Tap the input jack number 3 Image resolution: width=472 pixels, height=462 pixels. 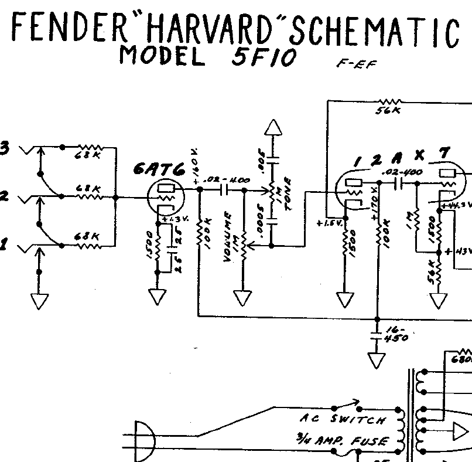pyautogui.click(x=5, y=148)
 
